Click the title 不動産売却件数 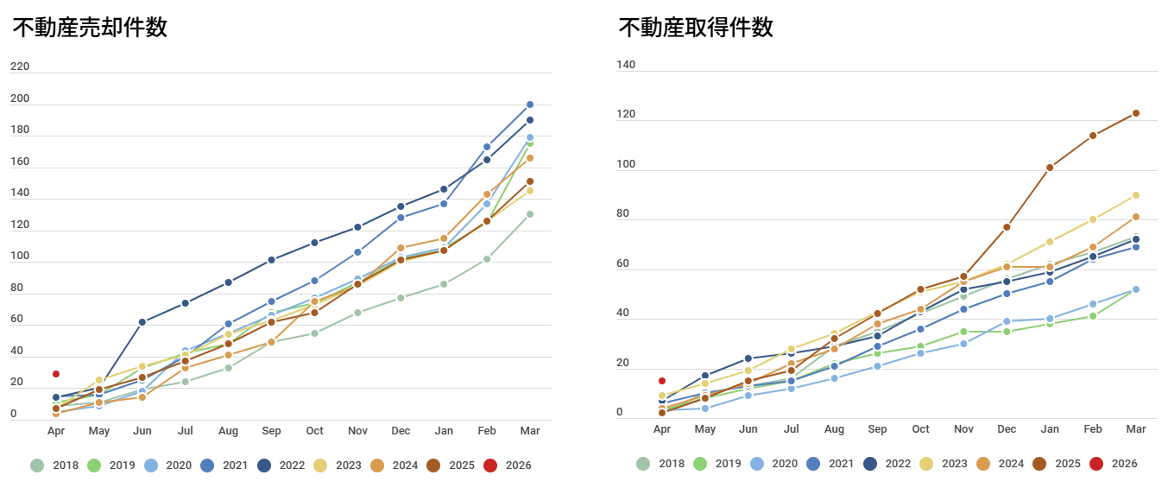[x=90, y=28]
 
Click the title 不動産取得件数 [x=696, y=28]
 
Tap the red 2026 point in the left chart [x=56, y=374]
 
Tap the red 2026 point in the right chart [x=661, y=381]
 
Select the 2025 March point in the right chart [x=1136, y=113]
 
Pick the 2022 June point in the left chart [x=142, y=322]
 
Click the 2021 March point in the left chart [x=530, y=105]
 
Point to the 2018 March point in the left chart [x=530, y=214]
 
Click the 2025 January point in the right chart [x=1050, y=168]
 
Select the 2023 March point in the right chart [x=1136, y=195]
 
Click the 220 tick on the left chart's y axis [x=20, y=67]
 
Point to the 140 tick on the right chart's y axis [x=626, y=65]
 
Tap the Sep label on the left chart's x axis [x=271, y=431]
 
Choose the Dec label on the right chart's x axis [x=1007, y=429]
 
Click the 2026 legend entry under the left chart [x=507, y=465]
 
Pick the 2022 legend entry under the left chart [x=281, y=465]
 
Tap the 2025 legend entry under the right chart [x=1057, y=464]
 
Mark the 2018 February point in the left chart [x=487, y=259]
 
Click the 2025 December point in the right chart [x=1007, y=227]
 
